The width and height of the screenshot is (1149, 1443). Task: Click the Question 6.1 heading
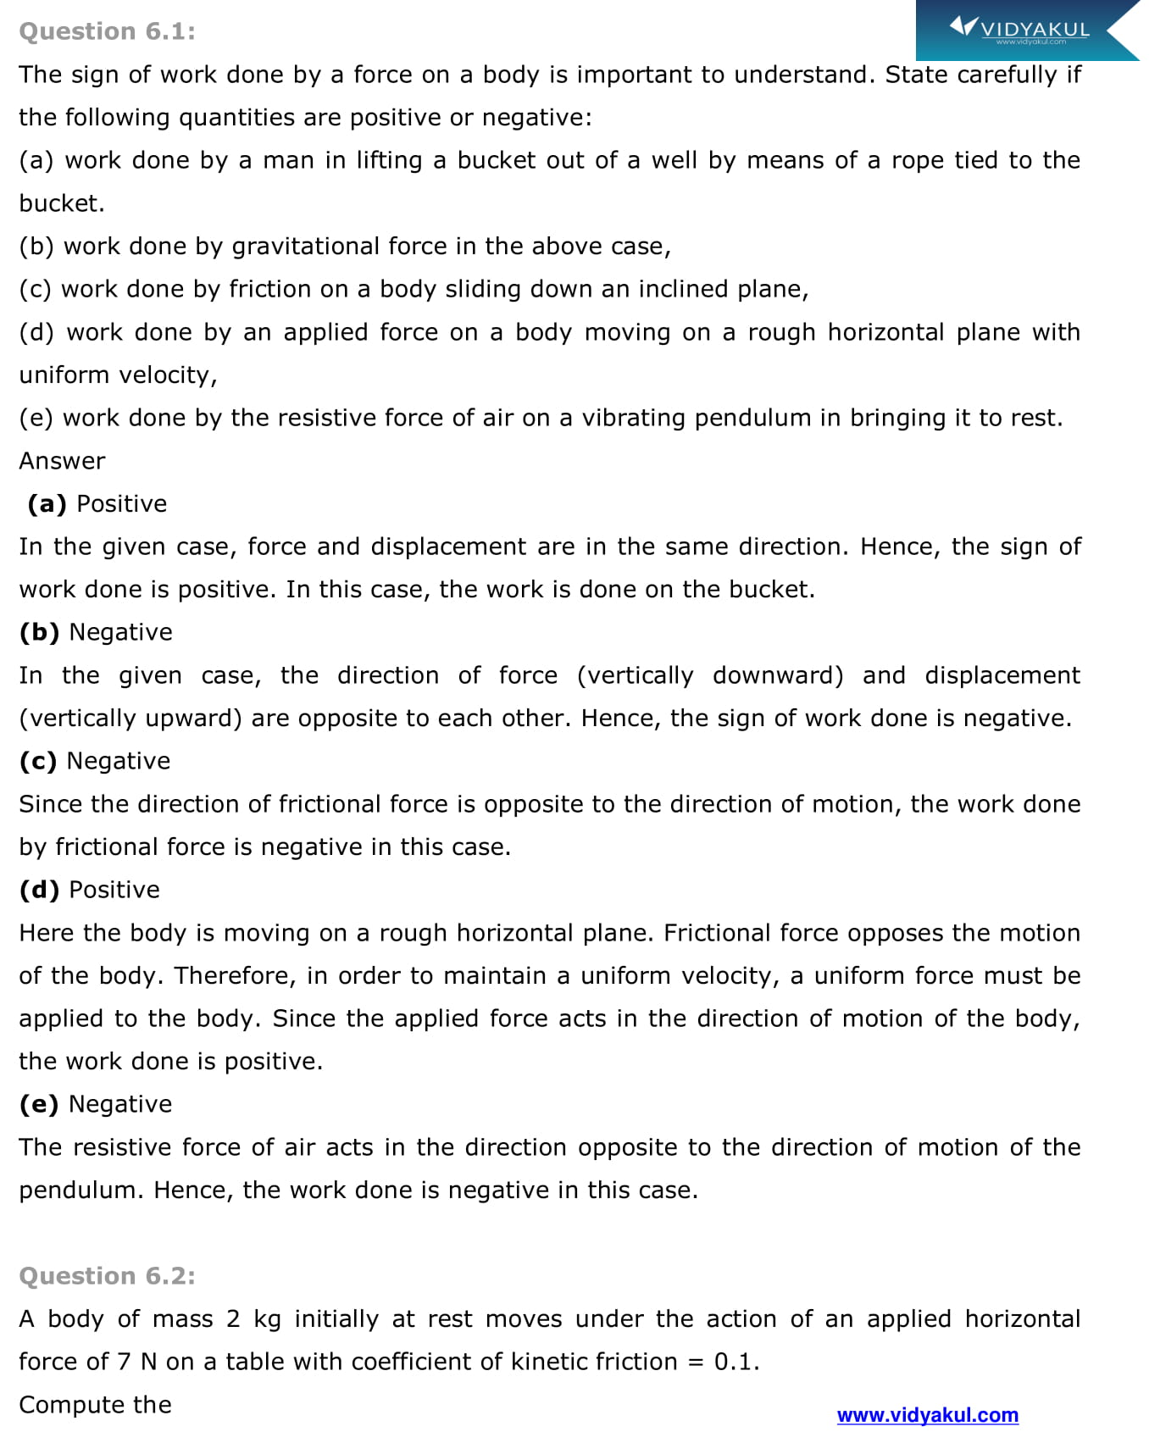coord(107,31)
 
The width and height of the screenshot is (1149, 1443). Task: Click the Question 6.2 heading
coord(107,1275)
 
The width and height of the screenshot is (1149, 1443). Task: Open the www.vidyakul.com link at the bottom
coord(927,1415)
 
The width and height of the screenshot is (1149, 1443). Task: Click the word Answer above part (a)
coord(62,461)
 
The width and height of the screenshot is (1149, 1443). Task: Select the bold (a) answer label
coord(47,504)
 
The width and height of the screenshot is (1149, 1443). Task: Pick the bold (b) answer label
coord(39,632)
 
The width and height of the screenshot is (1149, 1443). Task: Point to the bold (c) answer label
coord(38,761)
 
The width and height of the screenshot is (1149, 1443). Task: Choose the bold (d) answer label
coord(39,890)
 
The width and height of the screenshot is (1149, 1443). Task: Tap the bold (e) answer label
coord(39,1104)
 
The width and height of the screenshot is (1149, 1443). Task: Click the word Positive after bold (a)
coord(122,504)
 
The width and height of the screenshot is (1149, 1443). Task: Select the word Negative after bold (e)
coord(120,1104)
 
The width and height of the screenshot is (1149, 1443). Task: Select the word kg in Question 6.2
coord(267,1319)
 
